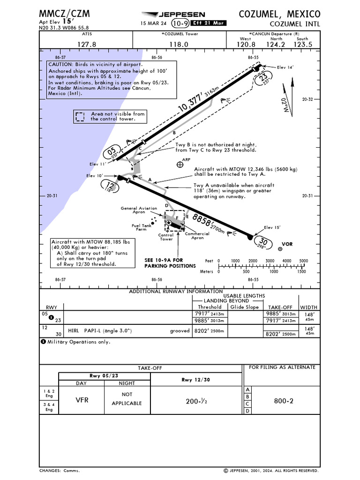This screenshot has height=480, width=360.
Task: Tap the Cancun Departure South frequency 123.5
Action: pyautogui.click(x=303, y=45)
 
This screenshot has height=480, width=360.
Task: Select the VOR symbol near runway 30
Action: pyautogui.click(x=280, y=249)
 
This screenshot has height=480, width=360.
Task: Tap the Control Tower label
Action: pyautogui.click(x=166, y=237)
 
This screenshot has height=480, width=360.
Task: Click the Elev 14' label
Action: pyautogui.click(x=285, y=67)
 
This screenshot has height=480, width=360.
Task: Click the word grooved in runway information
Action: pyautogui.click(x=180, y=330)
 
